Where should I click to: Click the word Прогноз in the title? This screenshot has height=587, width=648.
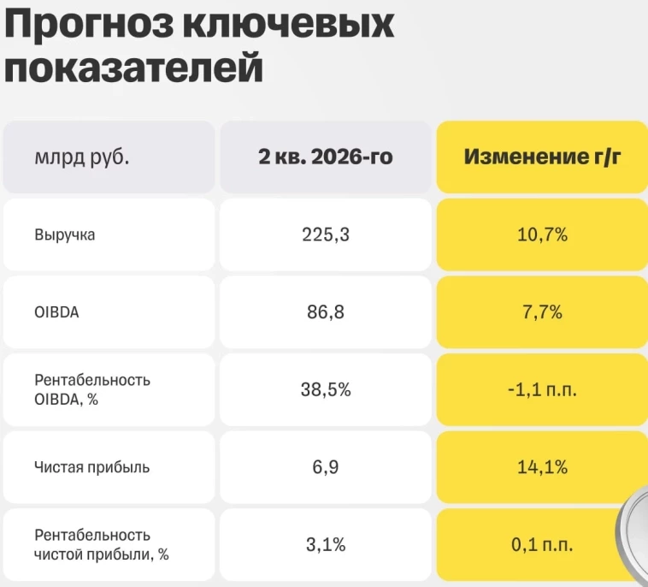(x=89, y=27)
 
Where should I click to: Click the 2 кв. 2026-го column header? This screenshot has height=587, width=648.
(x=326, y=157)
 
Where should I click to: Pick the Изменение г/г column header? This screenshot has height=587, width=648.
(x=542, y=157)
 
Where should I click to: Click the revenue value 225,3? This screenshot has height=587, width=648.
(x=326, y=235)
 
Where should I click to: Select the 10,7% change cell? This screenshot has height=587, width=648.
(x=542, y=235)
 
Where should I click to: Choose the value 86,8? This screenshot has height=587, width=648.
(x=326, y=312)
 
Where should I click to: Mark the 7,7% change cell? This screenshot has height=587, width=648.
(x=542, y=312)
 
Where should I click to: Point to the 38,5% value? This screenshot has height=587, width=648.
(x=326, y=389)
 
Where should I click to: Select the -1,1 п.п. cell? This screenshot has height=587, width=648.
(x=542, y=389)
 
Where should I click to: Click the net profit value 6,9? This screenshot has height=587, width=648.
(x=326, y=467)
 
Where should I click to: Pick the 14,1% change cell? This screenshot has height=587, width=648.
(x=542, y=467)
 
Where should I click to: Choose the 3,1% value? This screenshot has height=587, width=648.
(x=326, y=545)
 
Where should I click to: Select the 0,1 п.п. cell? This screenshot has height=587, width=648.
(x=542, y=545)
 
